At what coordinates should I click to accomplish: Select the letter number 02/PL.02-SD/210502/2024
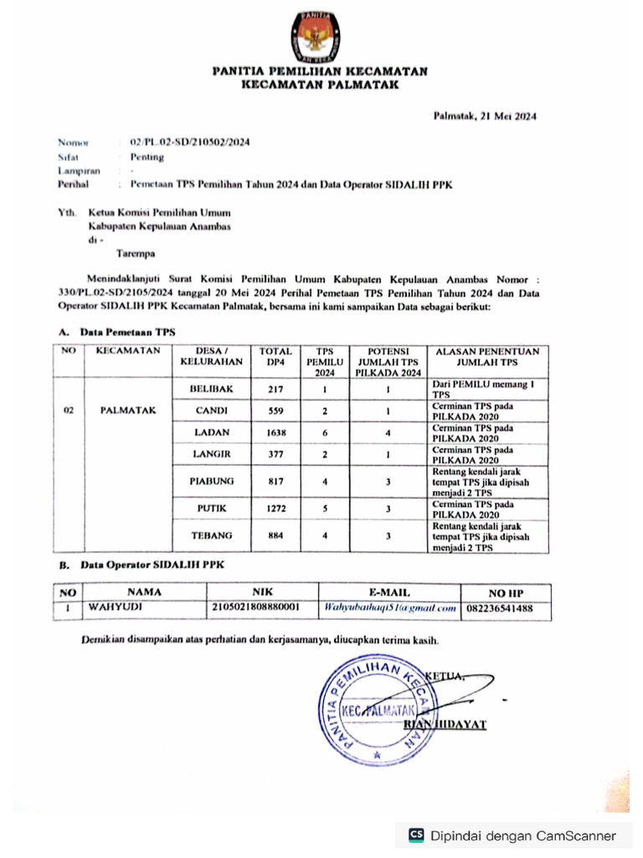(189, 142)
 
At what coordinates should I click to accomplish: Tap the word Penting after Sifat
(147, 157)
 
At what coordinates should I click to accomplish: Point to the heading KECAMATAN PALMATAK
(320, 85)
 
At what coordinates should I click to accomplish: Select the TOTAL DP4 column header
(275, 356)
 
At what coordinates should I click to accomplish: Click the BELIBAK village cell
(211, 390)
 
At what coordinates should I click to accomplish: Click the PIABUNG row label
(211, 481)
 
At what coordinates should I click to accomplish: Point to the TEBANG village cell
(211, 535)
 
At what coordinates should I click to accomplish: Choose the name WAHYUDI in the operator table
(105, 607)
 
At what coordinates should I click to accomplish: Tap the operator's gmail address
(389, 607)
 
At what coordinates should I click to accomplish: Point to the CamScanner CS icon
(415, 835)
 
